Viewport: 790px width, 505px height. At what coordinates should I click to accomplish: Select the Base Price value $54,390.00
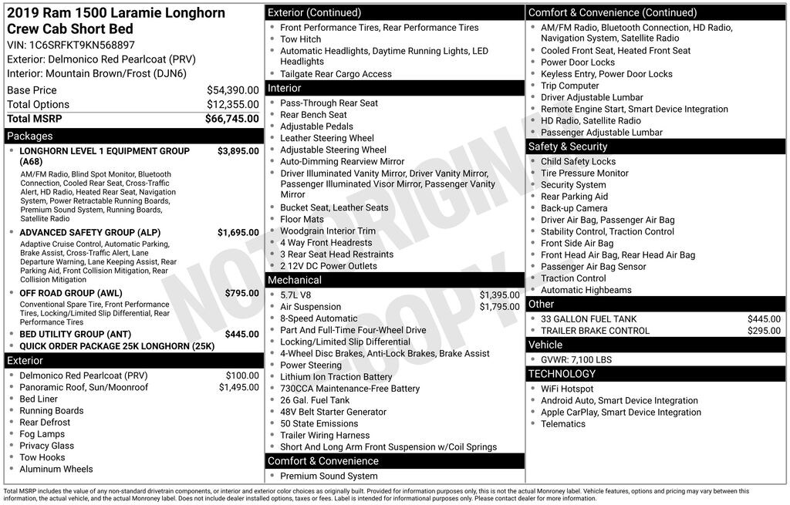click(232, 90)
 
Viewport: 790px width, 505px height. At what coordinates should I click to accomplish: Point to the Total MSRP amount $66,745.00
click(231, 119)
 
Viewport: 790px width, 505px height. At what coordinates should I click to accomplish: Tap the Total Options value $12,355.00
click(232, 105)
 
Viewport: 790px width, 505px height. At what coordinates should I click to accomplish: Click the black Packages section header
click(133, 136)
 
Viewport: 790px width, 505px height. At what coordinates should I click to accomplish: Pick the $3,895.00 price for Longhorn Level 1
click(238, 151)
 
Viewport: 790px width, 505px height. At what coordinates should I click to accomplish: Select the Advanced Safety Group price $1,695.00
click(238, 232)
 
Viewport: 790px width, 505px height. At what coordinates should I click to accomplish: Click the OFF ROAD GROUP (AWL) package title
click(71, 294)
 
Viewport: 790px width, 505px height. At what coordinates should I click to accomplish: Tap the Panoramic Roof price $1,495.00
click(238, 387)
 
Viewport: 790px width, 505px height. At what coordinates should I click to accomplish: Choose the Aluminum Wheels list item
click(56, 469)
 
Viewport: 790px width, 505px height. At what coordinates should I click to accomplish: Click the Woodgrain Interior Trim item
click(328, 231)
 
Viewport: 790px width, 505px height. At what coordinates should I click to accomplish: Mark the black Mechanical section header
click(394, 280)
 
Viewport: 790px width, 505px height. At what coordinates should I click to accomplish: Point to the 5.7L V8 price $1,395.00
click(499, 295)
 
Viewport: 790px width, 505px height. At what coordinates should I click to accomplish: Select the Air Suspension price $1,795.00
click(499, 307)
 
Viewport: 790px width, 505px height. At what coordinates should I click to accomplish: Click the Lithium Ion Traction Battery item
click(336, 377)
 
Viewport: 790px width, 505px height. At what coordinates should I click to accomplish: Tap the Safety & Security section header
click(656, 146)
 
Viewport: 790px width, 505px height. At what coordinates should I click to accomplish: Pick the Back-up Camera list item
click(574, 208)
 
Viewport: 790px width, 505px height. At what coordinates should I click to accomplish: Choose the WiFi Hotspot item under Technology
click(567, 389)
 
